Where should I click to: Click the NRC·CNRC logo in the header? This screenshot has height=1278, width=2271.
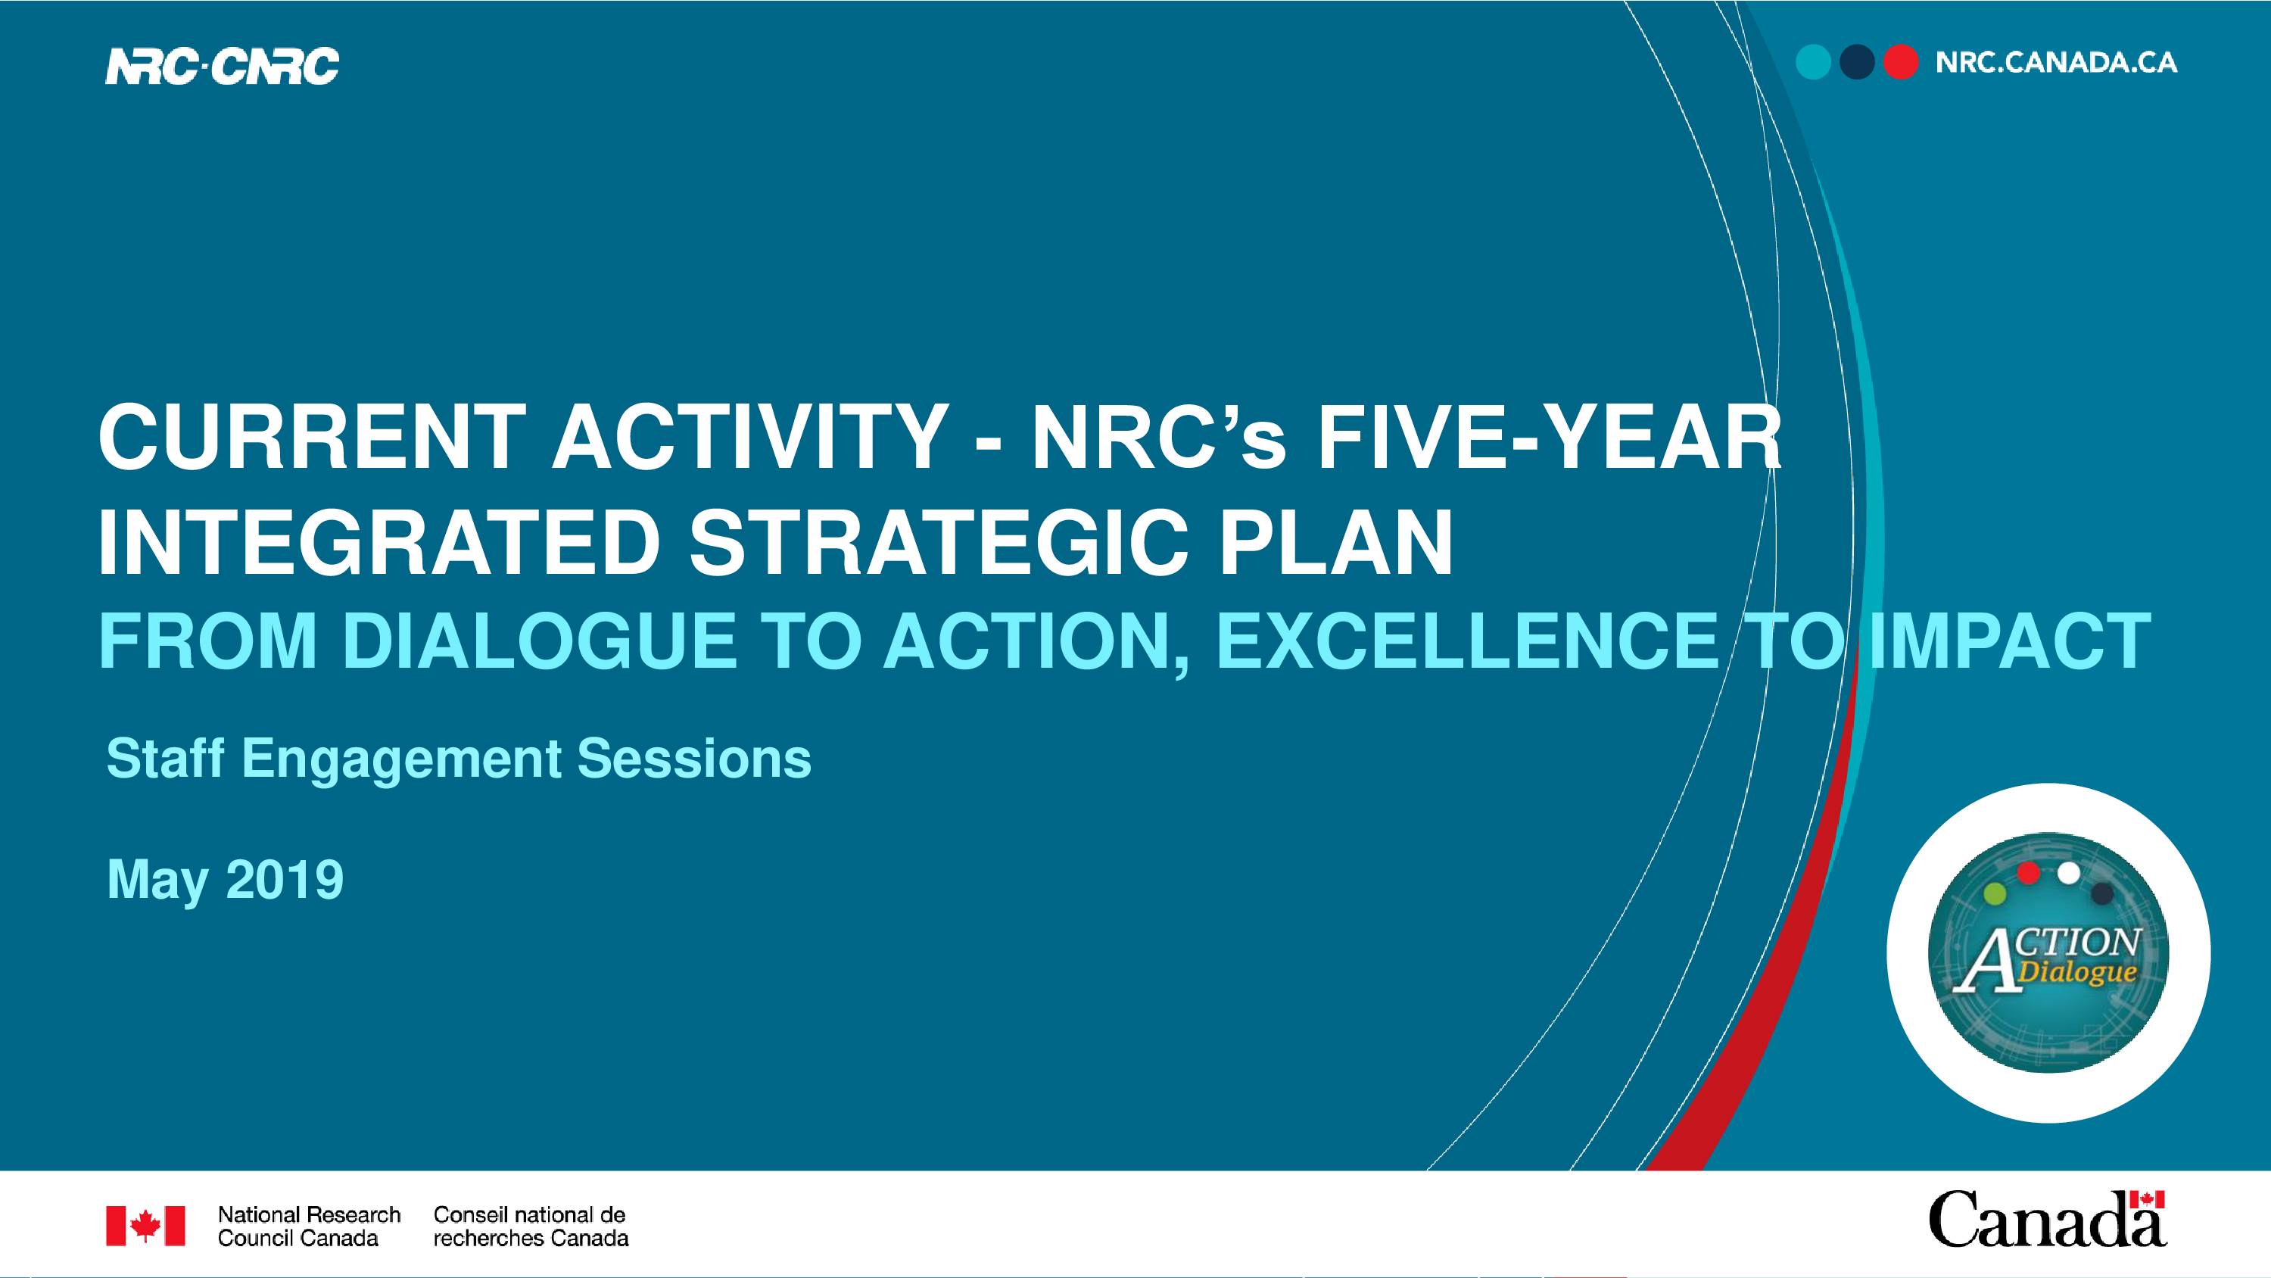222,66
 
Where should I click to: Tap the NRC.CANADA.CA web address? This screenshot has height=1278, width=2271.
2056,63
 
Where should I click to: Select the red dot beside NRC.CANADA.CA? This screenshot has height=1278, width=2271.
1901,63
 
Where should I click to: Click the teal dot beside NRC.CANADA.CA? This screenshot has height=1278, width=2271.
1814,63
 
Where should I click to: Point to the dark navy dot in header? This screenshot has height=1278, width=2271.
1857,63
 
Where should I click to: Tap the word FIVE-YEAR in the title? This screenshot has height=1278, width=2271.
1549,438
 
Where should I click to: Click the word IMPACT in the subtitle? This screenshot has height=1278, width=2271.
2010,641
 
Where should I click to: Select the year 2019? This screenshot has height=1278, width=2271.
285,879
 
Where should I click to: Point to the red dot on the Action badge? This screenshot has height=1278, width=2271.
2029,873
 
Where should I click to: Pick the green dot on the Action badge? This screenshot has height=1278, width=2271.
1994,894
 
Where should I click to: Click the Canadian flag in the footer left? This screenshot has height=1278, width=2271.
145,1226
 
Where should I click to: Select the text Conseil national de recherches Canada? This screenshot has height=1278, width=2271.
531,1226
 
